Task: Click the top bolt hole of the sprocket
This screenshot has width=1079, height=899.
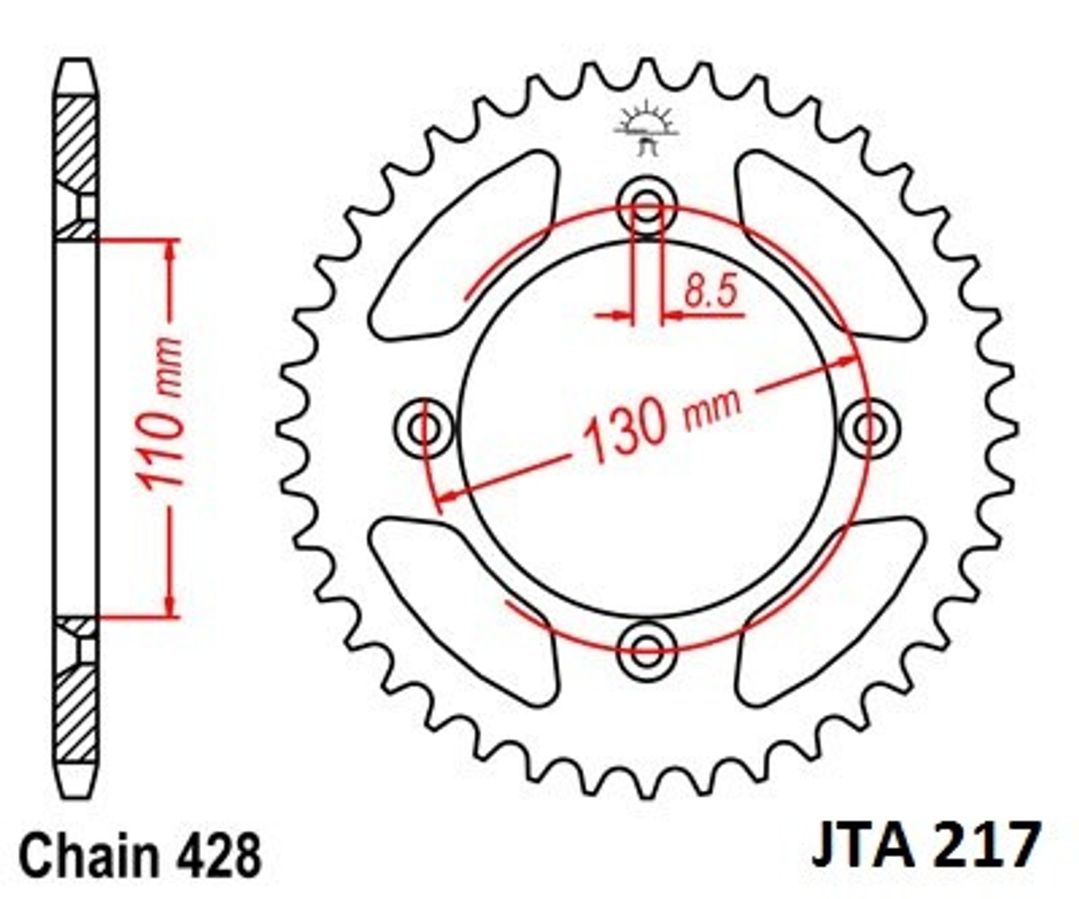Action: tap(647, 207)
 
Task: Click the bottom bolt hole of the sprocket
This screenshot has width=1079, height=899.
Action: tap(647, 651)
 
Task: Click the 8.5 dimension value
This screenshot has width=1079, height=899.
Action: tap(710, 292)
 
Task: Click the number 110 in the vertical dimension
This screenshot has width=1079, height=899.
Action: tap(162, 443)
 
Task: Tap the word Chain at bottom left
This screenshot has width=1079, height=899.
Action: tap(89, 855)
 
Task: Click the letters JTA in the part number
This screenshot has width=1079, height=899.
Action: tap(863, 845)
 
